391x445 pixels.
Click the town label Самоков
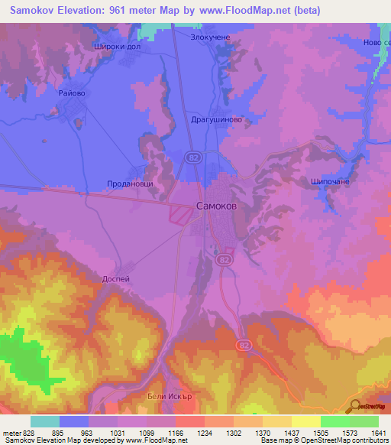pyautogui.click(x=221, y=206)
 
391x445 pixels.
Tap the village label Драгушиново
pyautogui.click(x=216, y=120)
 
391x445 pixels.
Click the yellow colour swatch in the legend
pyautogui.click(x=305, y=421)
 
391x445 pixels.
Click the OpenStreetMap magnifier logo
pyautogui.click(x=356, y=406)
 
